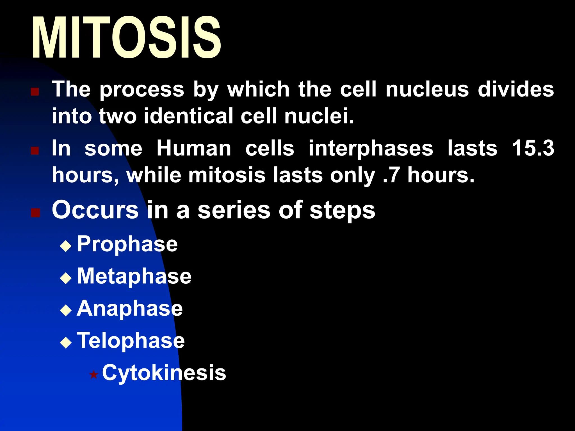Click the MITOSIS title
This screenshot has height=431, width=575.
(x=126, y=38)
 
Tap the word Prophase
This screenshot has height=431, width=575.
(x=127, y=244)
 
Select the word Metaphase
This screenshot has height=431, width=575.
(x=134, y=276)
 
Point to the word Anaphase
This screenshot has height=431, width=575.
(x=129, y=309)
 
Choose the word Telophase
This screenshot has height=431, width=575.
(x=131, y=341)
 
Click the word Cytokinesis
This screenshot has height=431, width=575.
(x=164, y=373)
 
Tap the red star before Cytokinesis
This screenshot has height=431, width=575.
(x=93, y=375)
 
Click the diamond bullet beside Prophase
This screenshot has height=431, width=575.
(x=66, y=246)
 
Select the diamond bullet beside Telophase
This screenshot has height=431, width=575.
(x=66, y=343)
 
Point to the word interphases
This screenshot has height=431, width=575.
(x=371, y=149)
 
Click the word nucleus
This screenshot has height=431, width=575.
(x=427, y=90)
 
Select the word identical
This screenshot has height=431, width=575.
(x=188, y=116)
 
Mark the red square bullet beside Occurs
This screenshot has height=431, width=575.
(x=35, y=213)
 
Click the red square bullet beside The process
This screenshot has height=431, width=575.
(x=35, y=91)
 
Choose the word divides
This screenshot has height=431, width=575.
(x=516, y=90)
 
